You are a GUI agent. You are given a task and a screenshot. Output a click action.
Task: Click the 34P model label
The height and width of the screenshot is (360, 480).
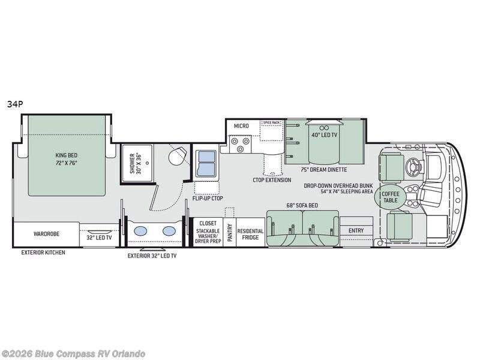click(x=16, y=104)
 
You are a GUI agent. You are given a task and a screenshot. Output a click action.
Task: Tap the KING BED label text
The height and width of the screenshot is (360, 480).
click(x=67, y=155)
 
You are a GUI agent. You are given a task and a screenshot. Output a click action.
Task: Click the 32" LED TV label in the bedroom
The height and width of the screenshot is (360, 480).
click(x=99, y=238)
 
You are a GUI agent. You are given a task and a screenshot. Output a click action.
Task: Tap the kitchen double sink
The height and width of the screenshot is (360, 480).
click(x=206, y=163)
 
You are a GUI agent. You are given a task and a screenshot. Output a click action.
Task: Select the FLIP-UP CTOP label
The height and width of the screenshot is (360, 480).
click(x=208, y=199)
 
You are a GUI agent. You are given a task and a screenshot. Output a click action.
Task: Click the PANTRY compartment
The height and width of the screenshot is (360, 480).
click(x=230, y=233)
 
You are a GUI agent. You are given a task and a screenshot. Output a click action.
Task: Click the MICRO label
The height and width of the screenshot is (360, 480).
click(x=241, y=126)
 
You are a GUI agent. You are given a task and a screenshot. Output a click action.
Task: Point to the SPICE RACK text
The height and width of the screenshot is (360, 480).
click(x=272, y=122)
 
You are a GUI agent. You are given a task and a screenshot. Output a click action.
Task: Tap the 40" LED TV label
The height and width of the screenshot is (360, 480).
click(x=324, y=134)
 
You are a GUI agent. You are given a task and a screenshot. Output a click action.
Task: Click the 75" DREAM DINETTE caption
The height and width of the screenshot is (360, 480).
click(x=323, y=170)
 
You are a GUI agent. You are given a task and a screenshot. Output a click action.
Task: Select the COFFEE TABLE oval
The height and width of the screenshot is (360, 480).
click(x=391, y=197)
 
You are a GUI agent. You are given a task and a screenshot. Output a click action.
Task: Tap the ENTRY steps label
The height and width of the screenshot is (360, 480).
click(x=356, y=230)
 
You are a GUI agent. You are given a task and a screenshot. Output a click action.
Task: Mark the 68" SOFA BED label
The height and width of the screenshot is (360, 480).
click(x=302, y=205)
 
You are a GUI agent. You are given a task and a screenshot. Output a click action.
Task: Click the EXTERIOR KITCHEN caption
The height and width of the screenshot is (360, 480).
click(x=43, y=253)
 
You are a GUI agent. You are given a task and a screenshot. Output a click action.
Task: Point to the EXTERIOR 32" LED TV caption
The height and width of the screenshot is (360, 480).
click(x=152, y=256)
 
